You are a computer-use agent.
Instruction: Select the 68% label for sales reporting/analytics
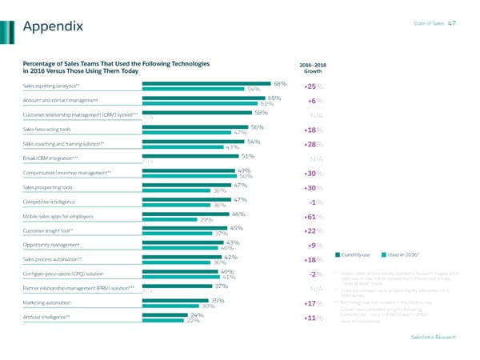click(x=280, y=82)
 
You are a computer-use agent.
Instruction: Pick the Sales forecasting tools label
click(x=47, y=129)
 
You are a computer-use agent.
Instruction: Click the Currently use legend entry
click(x=355, y=255)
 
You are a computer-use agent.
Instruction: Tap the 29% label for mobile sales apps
click(x=206, y=219)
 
